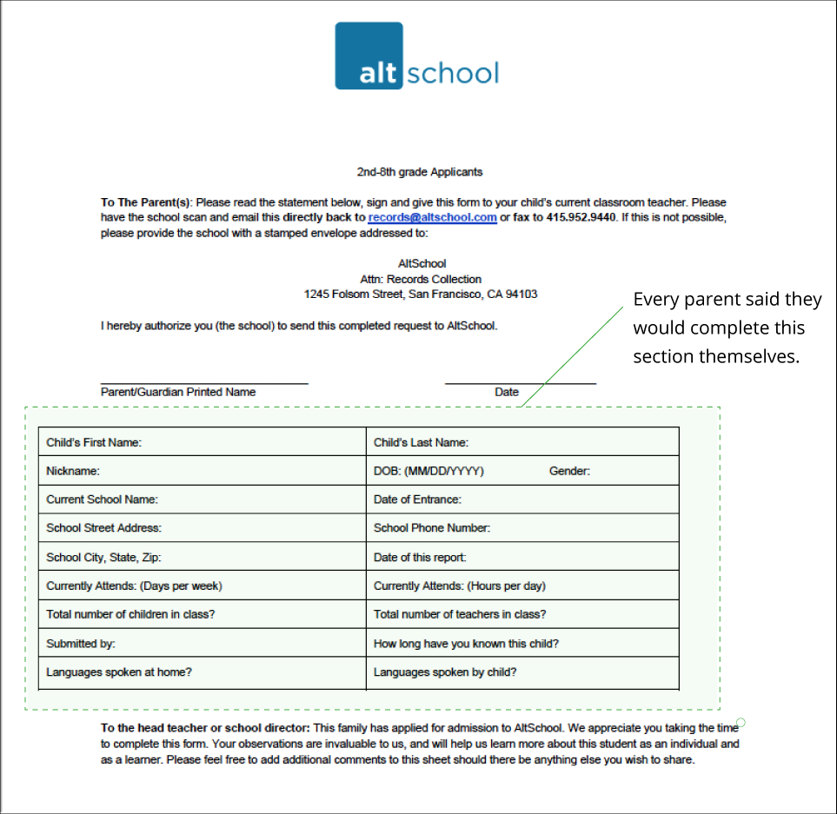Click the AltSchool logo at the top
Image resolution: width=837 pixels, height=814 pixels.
click(x=417, y=56)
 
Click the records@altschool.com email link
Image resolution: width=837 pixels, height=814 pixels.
click(x=432, y=217)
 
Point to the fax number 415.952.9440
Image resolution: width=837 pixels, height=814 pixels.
click(x=584, y=217)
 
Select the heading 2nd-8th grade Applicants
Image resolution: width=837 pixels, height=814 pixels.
click(x=420, y=172)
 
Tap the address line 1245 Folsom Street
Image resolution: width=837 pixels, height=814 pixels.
click(x=421, y=294)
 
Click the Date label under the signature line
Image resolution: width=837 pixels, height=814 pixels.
click(x=507, y=392)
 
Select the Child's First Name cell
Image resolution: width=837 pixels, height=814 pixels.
click(x=203, y=442)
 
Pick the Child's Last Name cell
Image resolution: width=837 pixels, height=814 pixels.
click(x=522, y=442)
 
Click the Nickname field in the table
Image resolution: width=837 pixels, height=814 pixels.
click(x=203, y=471)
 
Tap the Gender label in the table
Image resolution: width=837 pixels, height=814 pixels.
click(x=569, y=471)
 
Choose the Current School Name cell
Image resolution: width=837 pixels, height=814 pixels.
click(x=203, y=500)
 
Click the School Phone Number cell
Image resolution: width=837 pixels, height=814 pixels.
click(x=522, y=528)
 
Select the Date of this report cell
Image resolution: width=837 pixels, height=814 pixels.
click(x=522, y=557)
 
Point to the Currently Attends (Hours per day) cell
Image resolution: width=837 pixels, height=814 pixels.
click(x=522, y=586)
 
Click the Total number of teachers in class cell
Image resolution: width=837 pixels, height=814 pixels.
click(x=522, y=614)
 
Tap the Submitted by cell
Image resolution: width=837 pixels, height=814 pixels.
click(x=203, y=644)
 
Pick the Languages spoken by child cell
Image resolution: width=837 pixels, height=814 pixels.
click(x=522, y=672)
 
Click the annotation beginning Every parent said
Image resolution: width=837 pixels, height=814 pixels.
click(x=727, y=328)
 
